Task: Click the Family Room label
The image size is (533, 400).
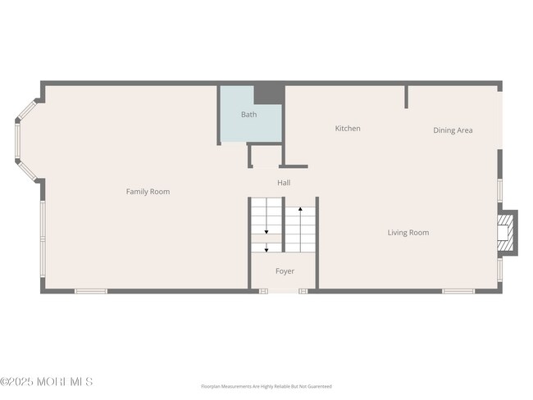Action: pos(148,192)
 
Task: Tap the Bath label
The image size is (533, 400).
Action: pos(248,115)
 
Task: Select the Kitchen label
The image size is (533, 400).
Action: pos(348,129)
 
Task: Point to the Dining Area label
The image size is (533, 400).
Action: pos(453,130)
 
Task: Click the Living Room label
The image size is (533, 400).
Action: pos(408,233)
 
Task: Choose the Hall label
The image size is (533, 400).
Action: pos(284,183)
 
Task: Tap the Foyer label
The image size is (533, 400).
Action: pos(285,271)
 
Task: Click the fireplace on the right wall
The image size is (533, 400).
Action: pos(508,233)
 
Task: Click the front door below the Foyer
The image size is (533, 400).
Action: pos(284,290)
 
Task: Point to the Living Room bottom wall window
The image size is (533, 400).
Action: pos(458,290)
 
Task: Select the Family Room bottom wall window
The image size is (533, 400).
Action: pos(91,290)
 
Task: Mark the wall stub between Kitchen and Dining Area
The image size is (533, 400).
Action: pos(406,97)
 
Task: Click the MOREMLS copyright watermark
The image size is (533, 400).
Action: pos(47,382)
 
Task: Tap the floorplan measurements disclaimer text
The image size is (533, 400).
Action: pos(266,386)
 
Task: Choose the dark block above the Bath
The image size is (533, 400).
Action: pos(267,93)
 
